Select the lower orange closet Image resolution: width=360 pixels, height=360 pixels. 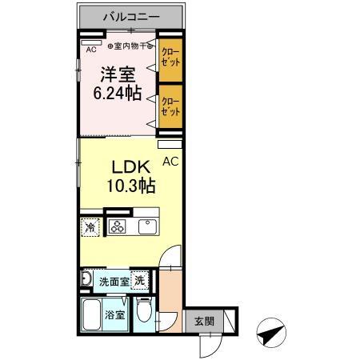pyautogui.click(x=169, y=107)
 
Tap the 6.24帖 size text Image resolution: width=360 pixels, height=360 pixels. pyautogui.click(x=121, y=94)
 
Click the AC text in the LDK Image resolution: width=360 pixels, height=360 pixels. pyautogui.click(x=170, y=161)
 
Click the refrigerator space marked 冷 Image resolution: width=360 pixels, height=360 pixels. pyautogui.click(x=90, y=226)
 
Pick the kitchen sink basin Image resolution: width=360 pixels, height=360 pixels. pyautogui.click(x=148, y=226)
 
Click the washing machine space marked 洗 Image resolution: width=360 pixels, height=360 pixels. pyautogui.click(x=139, y=281)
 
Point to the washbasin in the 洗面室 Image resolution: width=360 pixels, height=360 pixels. pyautogui.click(x=86, y=279)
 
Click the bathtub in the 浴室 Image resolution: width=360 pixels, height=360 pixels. pyautogui.click(x=92, y=314)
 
